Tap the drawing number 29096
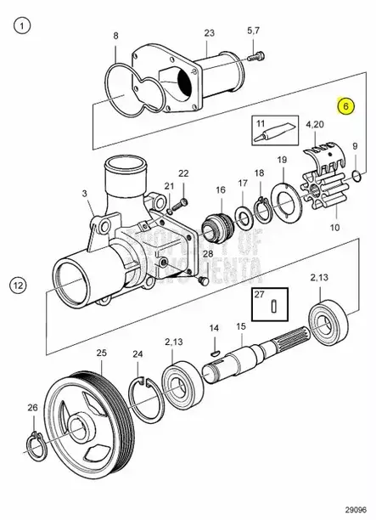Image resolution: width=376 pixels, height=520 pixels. click(x=354, y=506)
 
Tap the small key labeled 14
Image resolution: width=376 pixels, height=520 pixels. click(x=215, y=345)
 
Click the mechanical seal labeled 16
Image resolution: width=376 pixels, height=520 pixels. click(x=219, y=227)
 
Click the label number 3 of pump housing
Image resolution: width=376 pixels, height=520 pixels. click(x=86, y=195)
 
